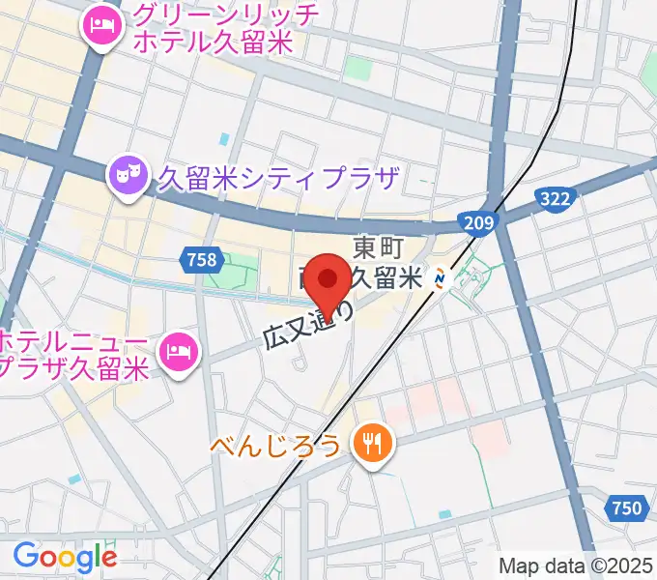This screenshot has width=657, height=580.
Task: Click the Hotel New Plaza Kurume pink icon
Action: (179, 351)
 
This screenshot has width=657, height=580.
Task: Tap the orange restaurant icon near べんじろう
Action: (372, 445)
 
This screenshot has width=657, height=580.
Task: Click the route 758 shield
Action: (204, 258)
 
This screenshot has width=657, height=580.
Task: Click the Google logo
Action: (65, 557)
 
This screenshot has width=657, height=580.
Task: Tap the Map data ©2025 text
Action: (576, 565)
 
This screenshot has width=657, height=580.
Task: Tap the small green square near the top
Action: (358, 69)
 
